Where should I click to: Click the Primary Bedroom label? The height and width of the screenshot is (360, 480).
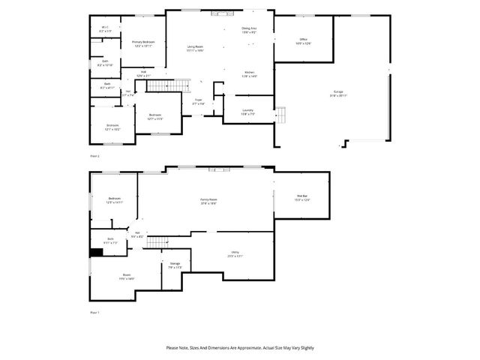[143, 42]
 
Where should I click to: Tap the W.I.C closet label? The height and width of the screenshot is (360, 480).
[106, 29]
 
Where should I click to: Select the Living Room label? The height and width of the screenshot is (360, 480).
[195, 47]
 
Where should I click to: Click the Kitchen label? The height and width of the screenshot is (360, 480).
[249, 73]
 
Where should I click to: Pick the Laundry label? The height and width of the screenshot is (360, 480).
[248, 110]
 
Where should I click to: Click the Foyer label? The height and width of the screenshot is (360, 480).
[199, 100]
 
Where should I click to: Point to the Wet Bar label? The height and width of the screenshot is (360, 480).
[301, 197]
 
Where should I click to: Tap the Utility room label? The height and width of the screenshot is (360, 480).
[235, 254]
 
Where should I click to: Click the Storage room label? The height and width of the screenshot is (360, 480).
[175, 263]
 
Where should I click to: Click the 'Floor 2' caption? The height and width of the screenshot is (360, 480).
[95, 155]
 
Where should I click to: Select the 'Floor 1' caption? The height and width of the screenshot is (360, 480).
[94, 311]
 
